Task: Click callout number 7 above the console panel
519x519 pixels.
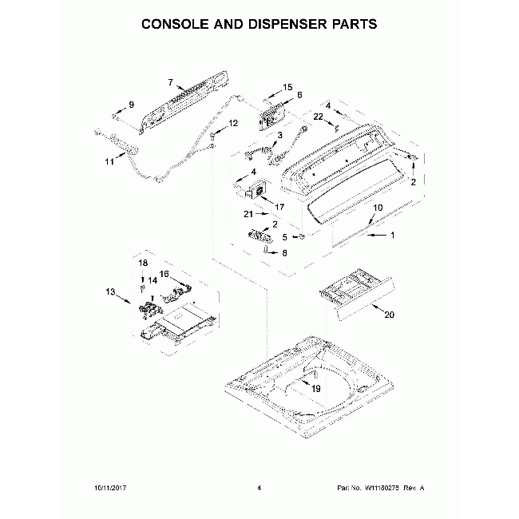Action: pos(170,81)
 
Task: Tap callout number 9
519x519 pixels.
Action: pos(132,105)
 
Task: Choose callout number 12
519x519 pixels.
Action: pos(233,123)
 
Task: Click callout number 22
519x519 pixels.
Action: pos(318,117)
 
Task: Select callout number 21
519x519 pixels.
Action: pos(248,215)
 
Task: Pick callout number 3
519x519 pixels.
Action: pos(279,135)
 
